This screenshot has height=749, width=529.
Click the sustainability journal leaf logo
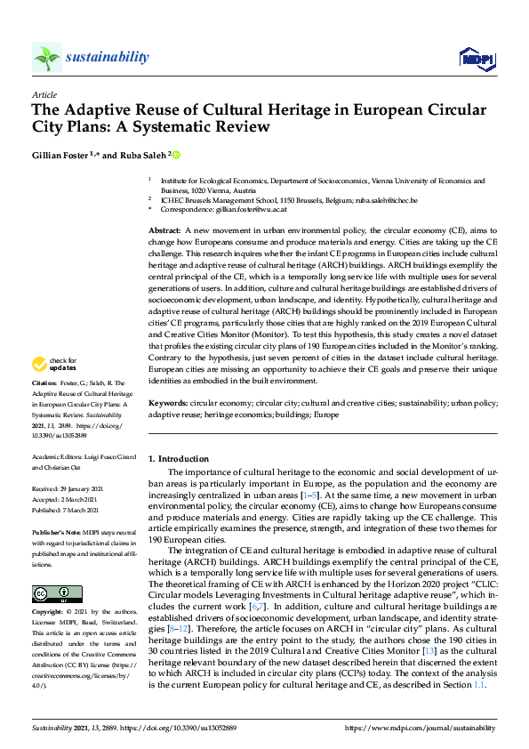tap(47, 57)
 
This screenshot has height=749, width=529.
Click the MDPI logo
tap(476, 59)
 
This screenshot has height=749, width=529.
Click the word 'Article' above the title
tap(44, 94)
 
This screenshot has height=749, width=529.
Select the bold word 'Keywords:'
tap(168, 402)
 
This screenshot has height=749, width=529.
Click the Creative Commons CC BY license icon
tap(51, 593)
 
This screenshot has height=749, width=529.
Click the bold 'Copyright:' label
tap(51, 614)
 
